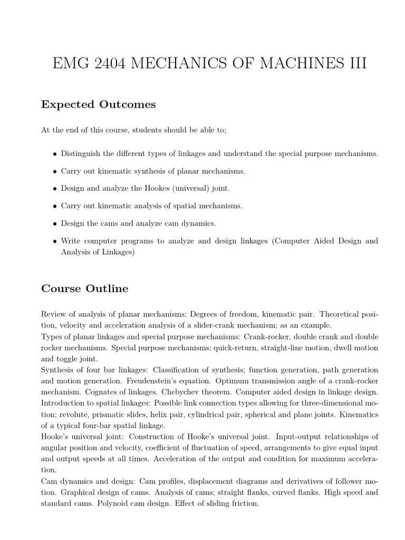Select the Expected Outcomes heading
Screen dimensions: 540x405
[x=99, y=104]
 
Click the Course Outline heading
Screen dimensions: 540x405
[x=84, y=288]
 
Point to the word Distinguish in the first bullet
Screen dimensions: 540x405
[x=80, y=153]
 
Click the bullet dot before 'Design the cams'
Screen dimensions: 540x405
[x=55, y=224]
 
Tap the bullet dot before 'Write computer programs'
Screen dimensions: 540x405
[x=55, y=242]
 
